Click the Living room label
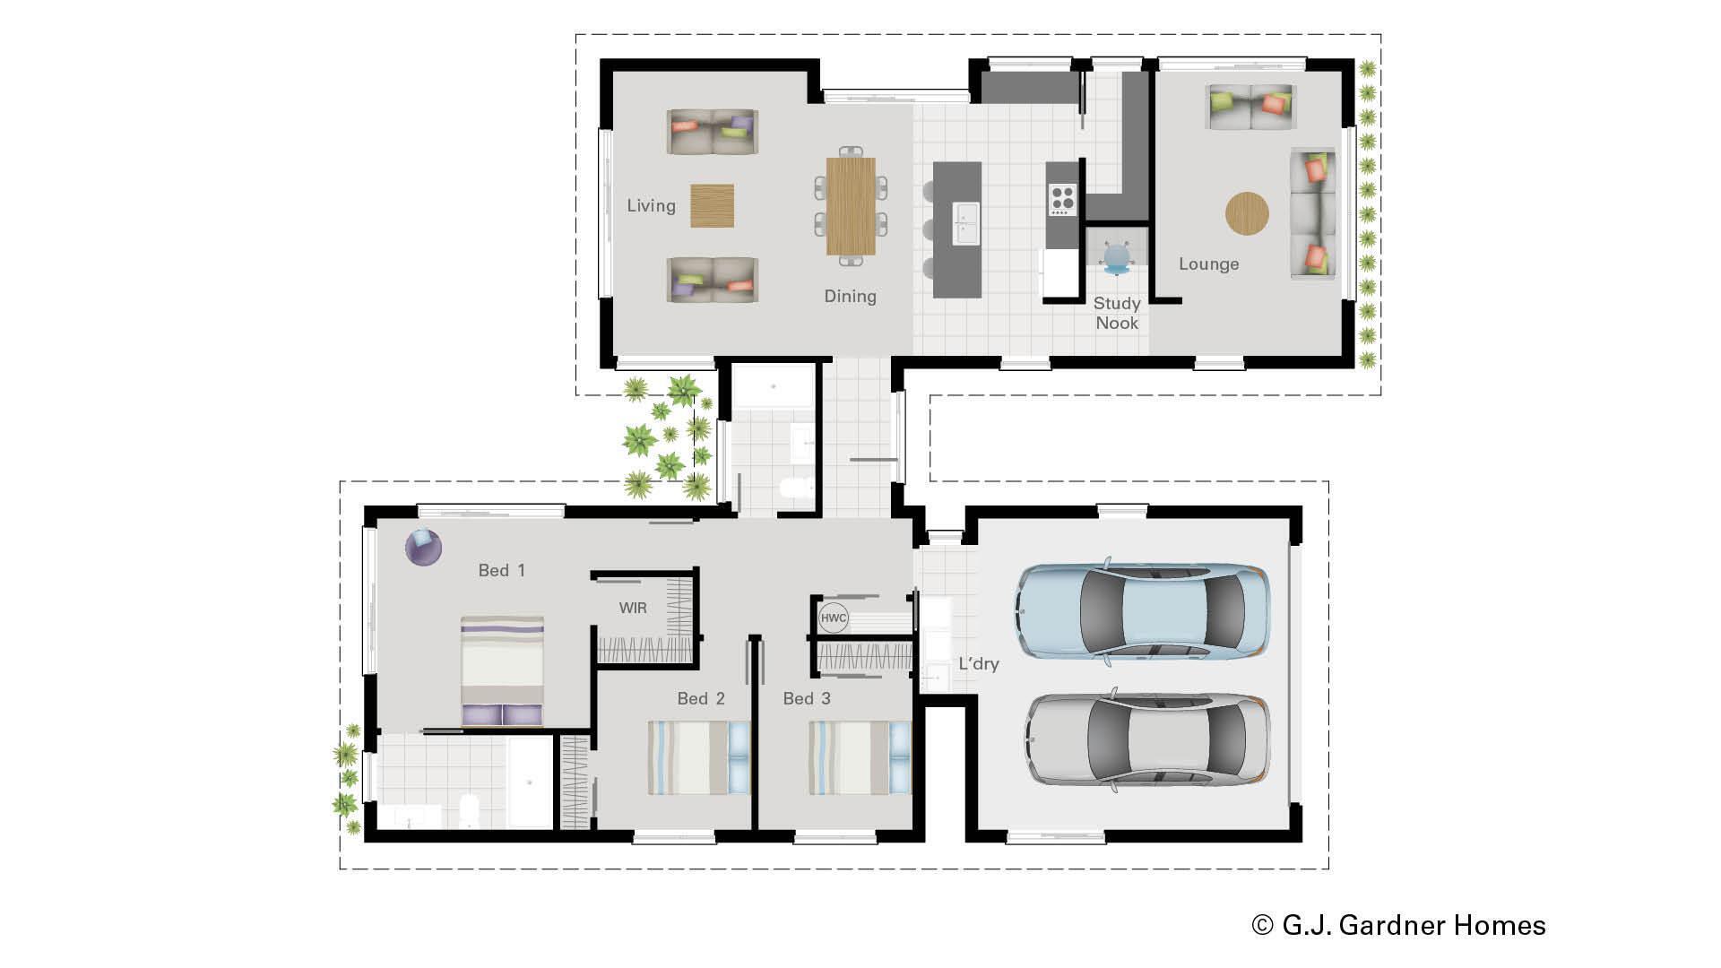tap(651, 206)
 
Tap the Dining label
tap(850, 297)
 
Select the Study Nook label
tap(1117, 313)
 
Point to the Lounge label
tap(1208, 264)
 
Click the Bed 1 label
tap(501, 571)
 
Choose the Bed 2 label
tap(701, 699)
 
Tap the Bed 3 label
tap(807, 699)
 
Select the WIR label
tap(633, 609)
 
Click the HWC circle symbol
tap(833, 618)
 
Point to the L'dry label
tap(978, 664)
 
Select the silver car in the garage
tap(1147, 740)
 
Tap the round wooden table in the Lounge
tap(1247, 214)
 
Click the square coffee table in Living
tap(712, 205)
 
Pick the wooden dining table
tap(850, 206)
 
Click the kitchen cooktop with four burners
tap(1062, 199)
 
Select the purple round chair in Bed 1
tap(423, 547)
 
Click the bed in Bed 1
tap(502, 670)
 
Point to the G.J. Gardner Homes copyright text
tap(1398, 925)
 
